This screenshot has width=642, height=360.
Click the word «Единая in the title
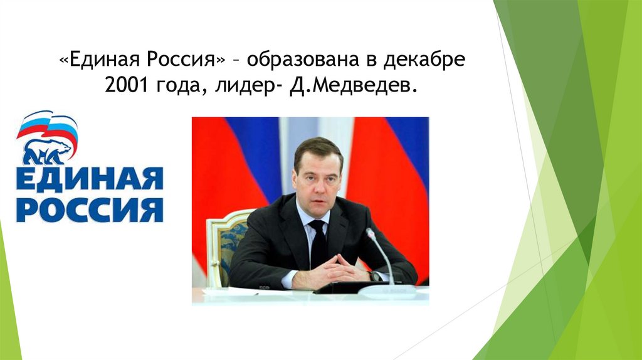tap(101, 61)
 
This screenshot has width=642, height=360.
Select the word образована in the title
tap(299, 61)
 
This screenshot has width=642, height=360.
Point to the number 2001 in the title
tap(126, 88)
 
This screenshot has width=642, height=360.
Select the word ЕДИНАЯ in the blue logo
tap(89, 179)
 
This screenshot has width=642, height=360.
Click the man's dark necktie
tap(318, 241)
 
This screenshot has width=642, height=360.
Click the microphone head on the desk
tap(371, 235)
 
